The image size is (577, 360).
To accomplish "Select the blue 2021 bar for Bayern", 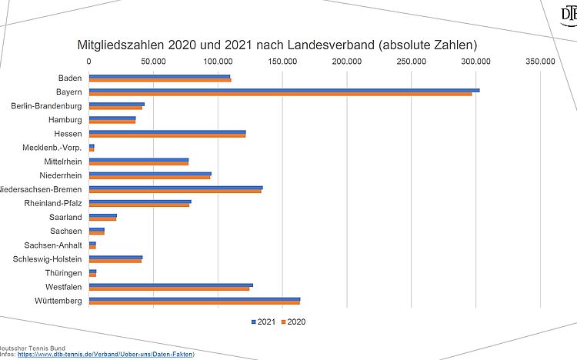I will (x=284, y=90).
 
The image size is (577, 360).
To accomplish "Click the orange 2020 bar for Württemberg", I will (x=195, y=303).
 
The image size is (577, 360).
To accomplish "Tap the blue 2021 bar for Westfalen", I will (x=171, y=285).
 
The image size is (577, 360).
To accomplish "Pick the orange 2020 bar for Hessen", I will (x=167, y=136).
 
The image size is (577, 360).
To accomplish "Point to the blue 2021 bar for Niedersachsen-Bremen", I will (x=175, y=187).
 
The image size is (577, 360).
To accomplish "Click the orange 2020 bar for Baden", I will (x=160, y=80).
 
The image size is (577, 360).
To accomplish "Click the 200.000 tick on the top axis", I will (x=347, y=61).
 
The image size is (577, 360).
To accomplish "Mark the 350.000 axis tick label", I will (x=540, y=61).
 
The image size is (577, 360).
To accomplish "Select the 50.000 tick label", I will (x=153, y=61).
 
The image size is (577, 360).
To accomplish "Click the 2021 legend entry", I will (x=265, y=322).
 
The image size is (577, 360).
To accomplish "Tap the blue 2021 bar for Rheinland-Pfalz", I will (x=140, y=202).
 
